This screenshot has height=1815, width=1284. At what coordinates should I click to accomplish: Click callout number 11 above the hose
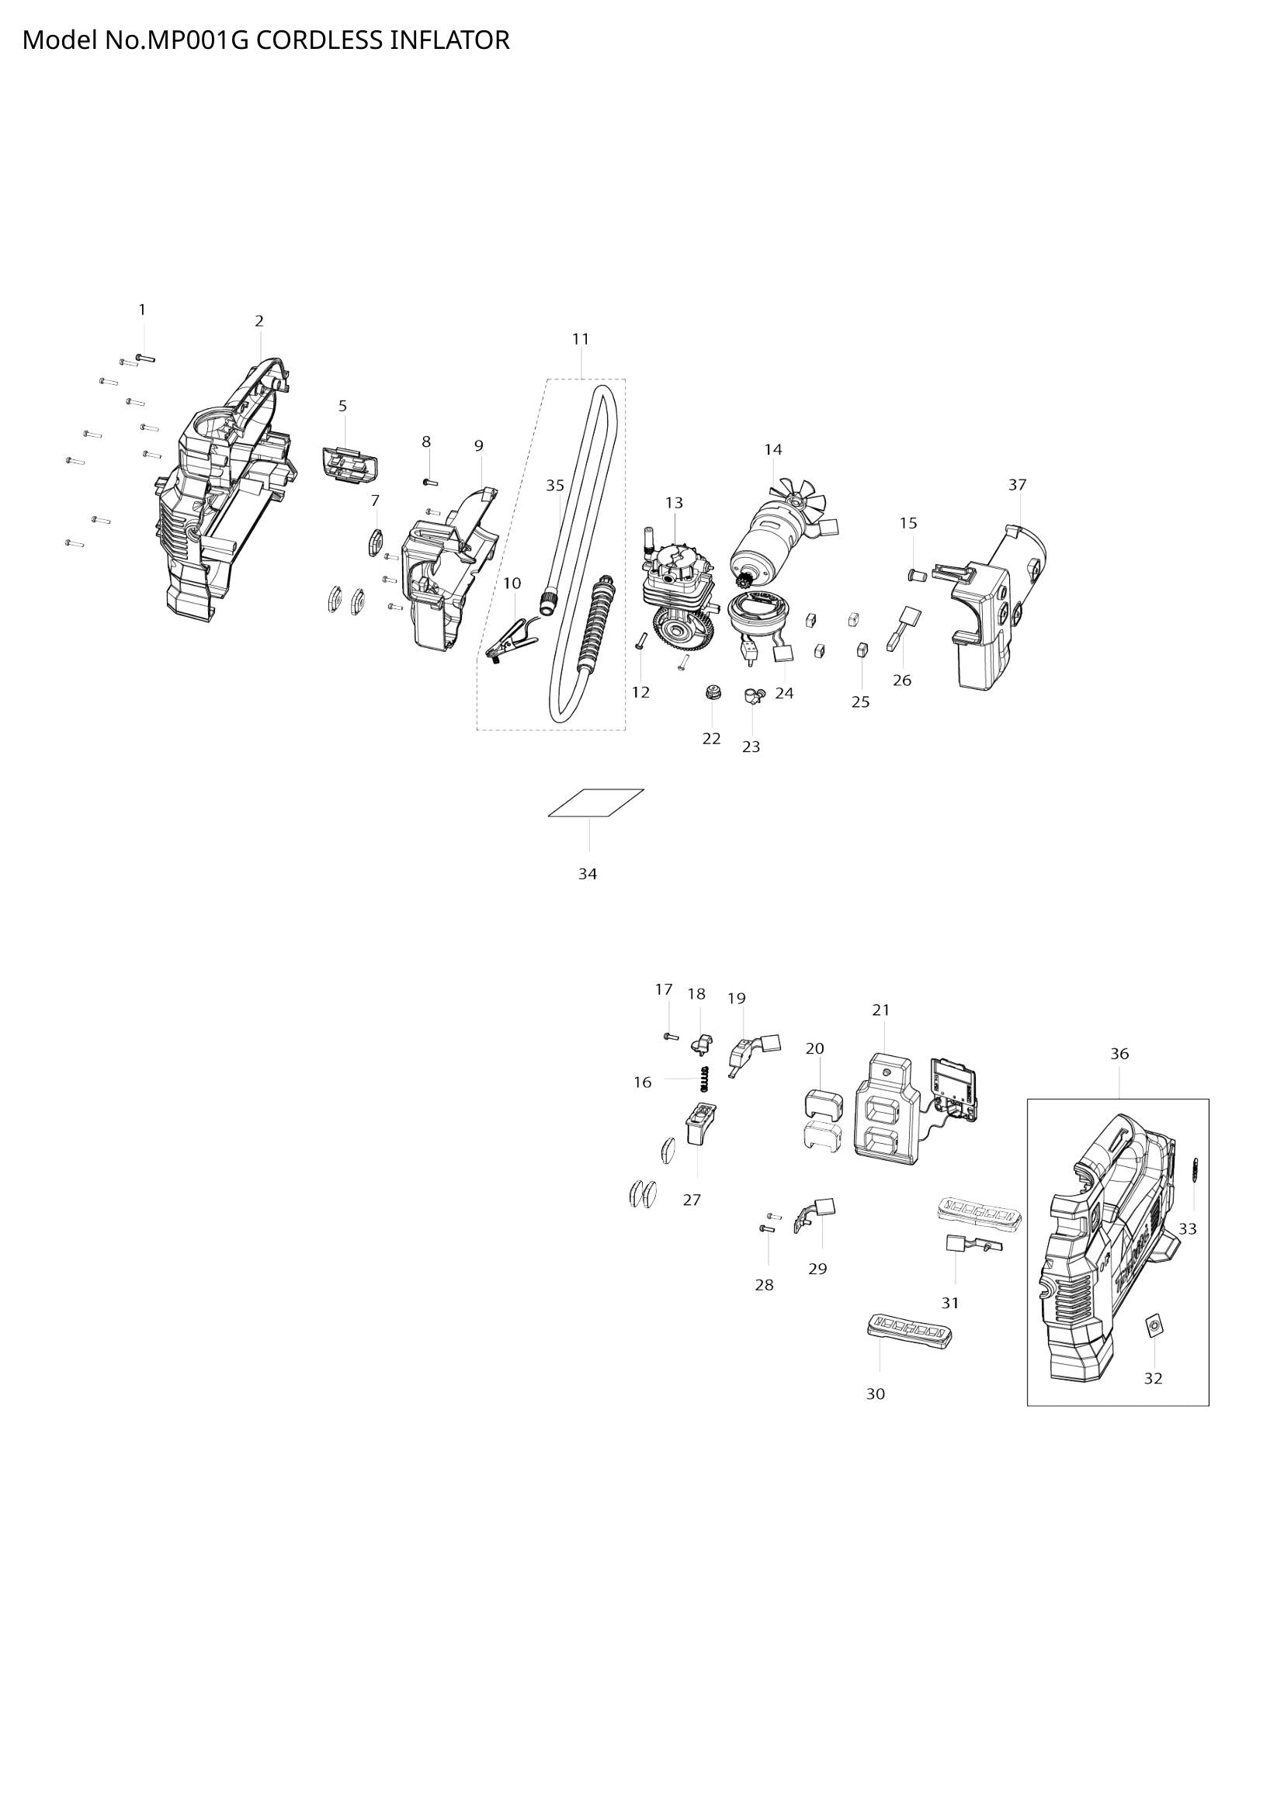click(581, 339)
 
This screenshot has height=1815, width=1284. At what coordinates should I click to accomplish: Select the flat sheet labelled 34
click(596, 802)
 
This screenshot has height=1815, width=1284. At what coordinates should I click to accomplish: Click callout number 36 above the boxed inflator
click(1119, 1054)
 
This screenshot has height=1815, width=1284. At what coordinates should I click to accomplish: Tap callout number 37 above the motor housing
click(1017, 484)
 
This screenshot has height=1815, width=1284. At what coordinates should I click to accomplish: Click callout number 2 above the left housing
click(259, 321)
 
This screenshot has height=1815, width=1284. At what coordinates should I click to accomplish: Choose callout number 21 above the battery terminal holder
click(881, 1010)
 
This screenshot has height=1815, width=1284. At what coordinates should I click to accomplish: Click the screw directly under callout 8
click(430, 481)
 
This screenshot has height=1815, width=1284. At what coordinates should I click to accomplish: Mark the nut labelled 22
click(712, 693)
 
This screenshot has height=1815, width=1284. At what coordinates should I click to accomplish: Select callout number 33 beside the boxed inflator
click(1188, 1229)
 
